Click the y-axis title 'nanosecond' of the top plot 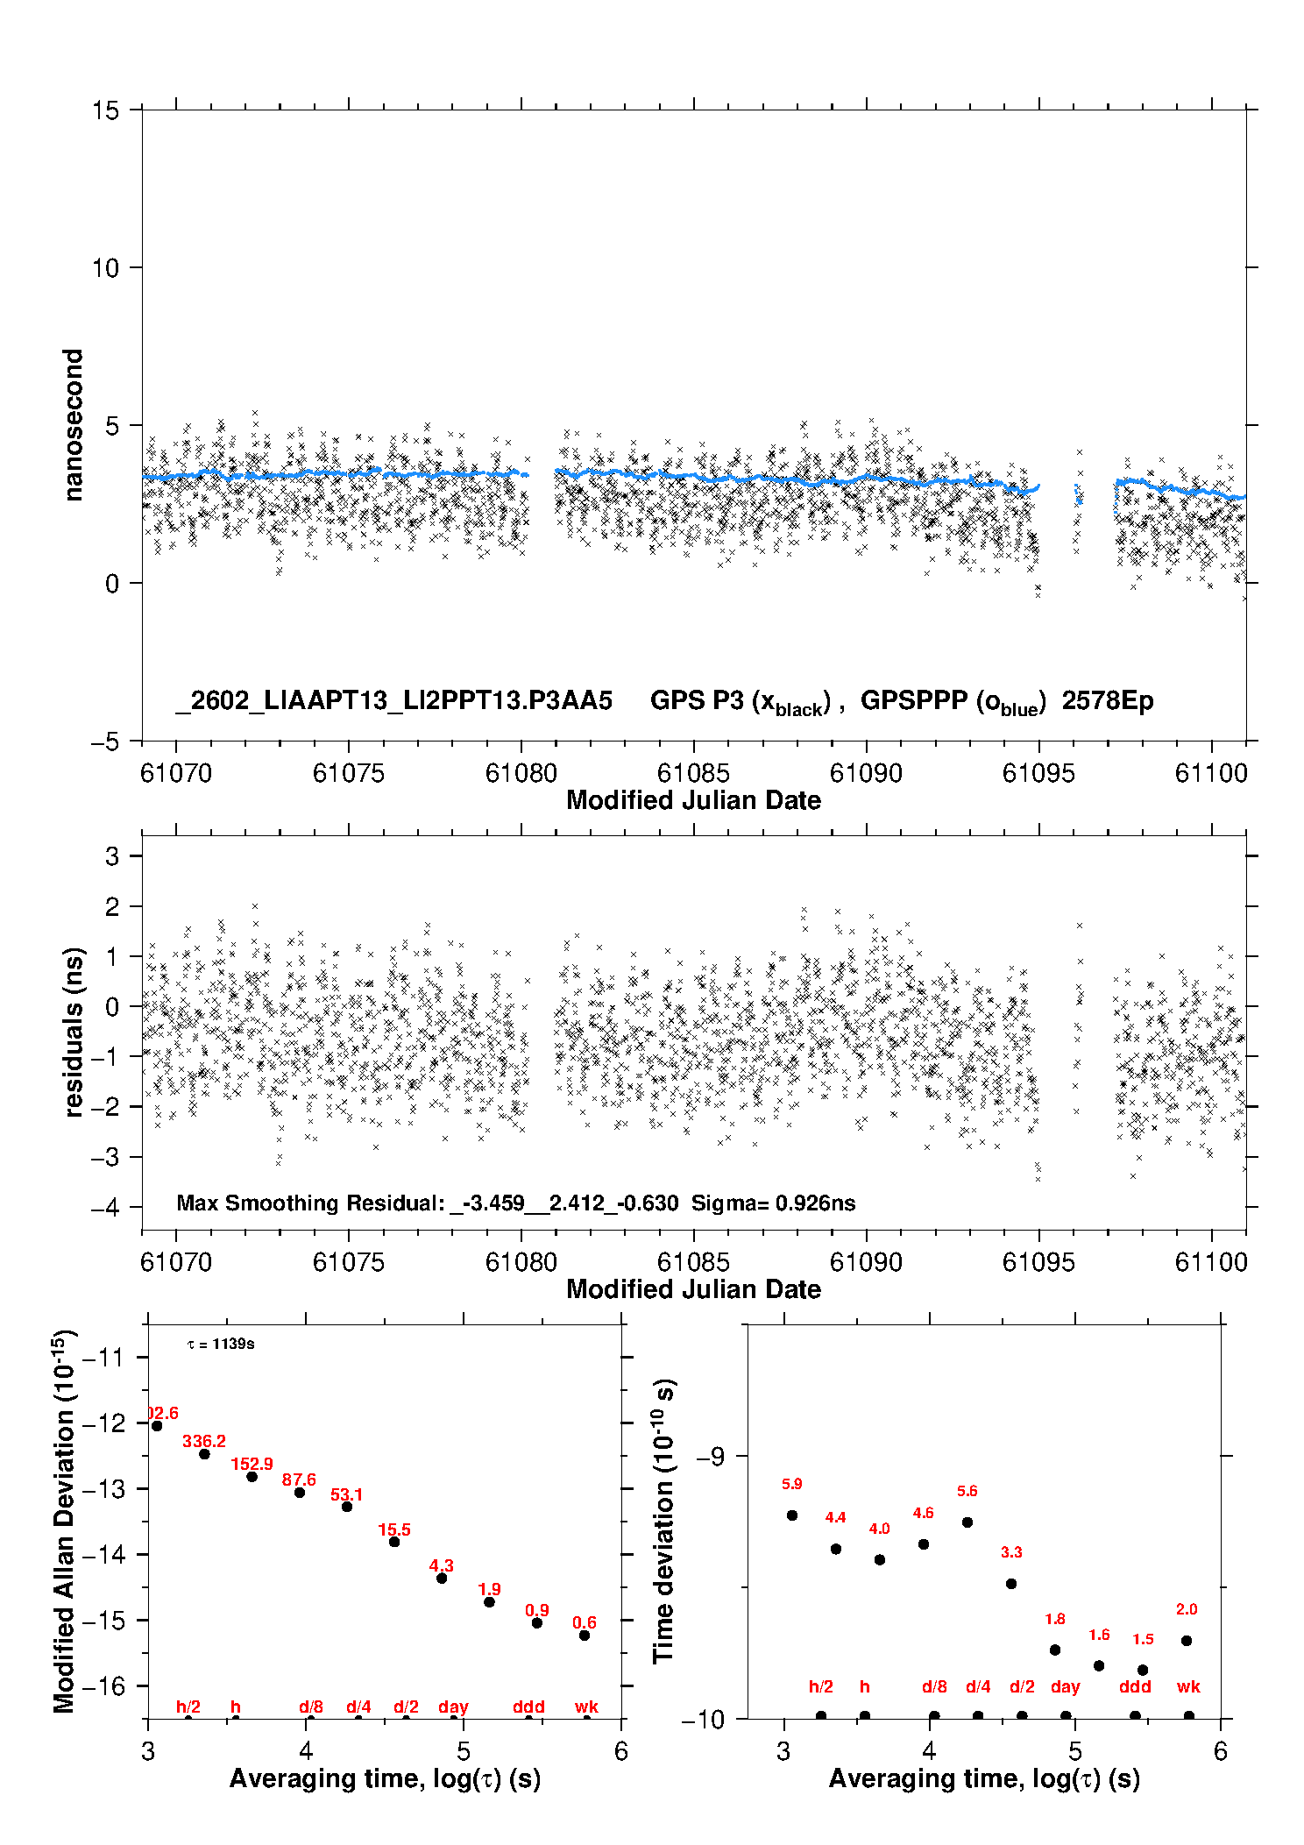tap(74, 425)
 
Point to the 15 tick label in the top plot tap(105, 110)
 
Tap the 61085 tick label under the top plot tap(693, 773)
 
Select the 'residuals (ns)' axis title tap(74, 1032)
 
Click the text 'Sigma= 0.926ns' tap(773, 1203)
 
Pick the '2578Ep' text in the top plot tap(1108, 701)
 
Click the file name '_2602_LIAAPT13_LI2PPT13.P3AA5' tap(393, 701)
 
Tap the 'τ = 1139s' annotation tap(221, 1344)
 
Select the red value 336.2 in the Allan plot tap(204, 1441)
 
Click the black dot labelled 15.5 tap(394, 1541)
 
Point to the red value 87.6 tap(299, 1480)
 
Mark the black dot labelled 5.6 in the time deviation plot tap(967, 1522)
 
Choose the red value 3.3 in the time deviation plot tap(1011, 1551)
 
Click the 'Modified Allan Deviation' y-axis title tap(63, 1521)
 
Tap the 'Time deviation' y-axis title tap(663, 1521)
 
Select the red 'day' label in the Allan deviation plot tap(453, 1707)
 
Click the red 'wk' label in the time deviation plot tap(1188, 1686)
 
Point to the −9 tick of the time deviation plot tap(710, 1456)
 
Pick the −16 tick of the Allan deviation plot tap(103, 1685)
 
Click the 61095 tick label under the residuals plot tap(1038, 1262)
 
